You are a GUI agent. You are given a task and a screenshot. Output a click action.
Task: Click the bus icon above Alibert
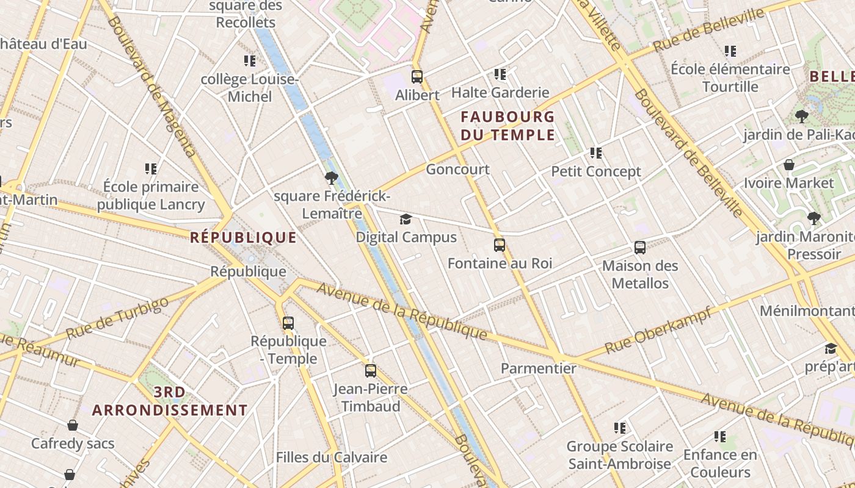(417, 77)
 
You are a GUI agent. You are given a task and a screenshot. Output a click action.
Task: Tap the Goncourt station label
(457, 169)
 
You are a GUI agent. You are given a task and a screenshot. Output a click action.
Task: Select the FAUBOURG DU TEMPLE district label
(508, 126)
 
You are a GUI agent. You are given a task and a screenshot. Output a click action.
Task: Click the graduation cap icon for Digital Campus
(406, 220)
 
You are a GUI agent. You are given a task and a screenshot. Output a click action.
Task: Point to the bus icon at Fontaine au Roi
(500, 245)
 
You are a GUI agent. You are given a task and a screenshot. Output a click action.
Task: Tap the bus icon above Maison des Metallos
(640, 248)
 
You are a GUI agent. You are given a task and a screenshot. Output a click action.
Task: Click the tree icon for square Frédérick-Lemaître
(332, 178)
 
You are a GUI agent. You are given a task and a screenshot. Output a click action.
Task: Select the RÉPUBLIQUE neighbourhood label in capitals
(243, 237)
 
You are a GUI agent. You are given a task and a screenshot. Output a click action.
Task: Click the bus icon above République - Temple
(288, 323)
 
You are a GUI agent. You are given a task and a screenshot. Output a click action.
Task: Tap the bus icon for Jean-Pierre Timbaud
(371, 371)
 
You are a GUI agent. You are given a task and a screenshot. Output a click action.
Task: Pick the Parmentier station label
(538, 368)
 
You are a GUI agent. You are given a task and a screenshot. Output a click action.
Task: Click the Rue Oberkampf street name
(658, 331)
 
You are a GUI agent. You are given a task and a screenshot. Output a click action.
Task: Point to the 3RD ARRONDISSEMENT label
(170, 401)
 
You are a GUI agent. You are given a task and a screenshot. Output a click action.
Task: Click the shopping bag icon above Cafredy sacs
(73, 425)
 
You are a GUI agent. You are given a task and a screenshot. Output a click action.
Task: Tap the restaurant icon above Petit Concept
(596, 153)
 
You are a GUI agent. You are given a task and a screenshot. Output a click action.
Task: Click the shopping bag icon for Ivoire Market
(789, 165)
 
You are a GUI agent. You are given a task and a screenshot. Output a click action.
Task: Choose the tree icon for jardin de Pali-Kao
(802, 116)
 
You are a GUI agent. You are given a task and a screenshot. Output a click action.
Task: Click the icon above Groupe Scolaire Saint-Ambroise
(620, 428)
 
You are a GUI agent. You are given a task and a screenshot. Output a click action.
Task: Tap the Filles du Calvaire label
(331, 457)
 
